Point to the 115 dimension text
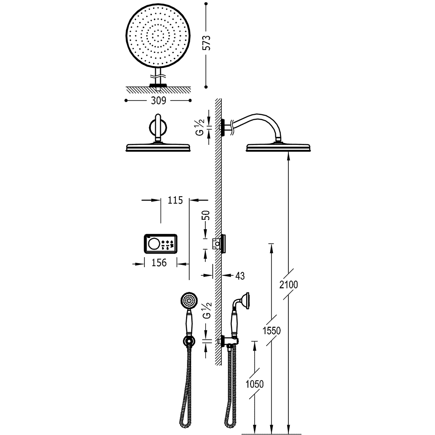pos(174,200)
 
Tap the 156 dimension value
pos(159,263)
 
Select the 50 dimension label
pos(207,216)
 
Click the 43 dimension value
pos(240,275)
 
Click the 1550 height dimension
pos(272,331)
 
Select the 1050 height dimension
pos(255,385)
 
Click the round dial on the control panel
pos(153,244)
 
